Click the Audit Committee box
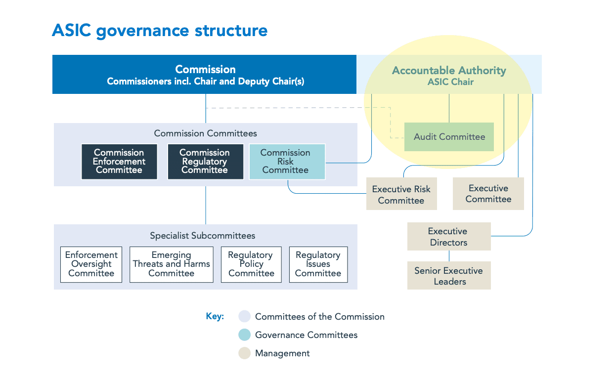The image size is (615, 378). coord(449,137)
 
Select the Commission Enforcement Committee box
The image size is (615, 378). coord(119,162)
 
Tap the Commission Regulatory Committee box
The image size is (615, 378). coord(205,162)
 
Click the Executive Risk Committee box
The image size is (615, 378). coord(401,195)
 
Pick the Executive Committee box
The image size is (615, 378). coord(488,194)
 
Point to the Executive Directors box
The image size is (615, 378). coord(449,237)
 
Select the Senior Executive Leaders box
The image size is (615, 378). coord(449,276)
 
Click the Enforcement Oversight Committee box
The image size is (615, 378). coord(91,264)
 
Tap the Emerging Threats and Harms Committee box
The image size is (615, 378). coord(172,264)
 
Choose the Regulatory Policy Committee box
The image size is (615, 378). coord(251,264)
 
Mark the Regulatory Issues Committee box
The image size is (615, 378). coord(318,264)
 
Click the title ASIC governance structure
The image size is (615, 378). coord(160,31)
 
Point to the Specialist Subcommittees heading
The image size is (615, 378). coord(203,236)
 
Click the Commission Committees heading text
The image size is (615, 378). coord(206,133)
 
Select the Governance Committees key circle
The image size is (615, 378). coord(245,335)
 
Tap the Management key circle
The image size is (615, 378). coord(245,353)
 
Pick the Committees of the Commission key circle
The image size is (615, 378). coord(245,317)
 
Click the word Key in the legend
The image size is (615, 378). coord(215,317)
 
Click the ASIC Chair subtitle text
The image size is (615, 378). coord(450,82)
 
